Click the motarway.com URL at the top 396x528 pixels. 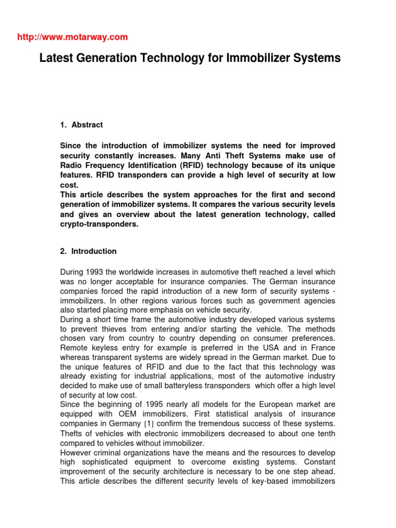pyautogui.click(x=72, y=37)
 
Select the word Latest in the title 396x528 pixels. pyautogui.click(x=56, y=59)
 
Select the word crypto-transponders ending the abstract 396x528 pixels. pyautogui.click(x=100, y=224)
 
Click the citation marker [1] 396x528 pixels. pyautogui.click(x=154, y=424)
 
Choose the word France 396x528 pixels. pyautogui.click(x=322, y=348)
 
